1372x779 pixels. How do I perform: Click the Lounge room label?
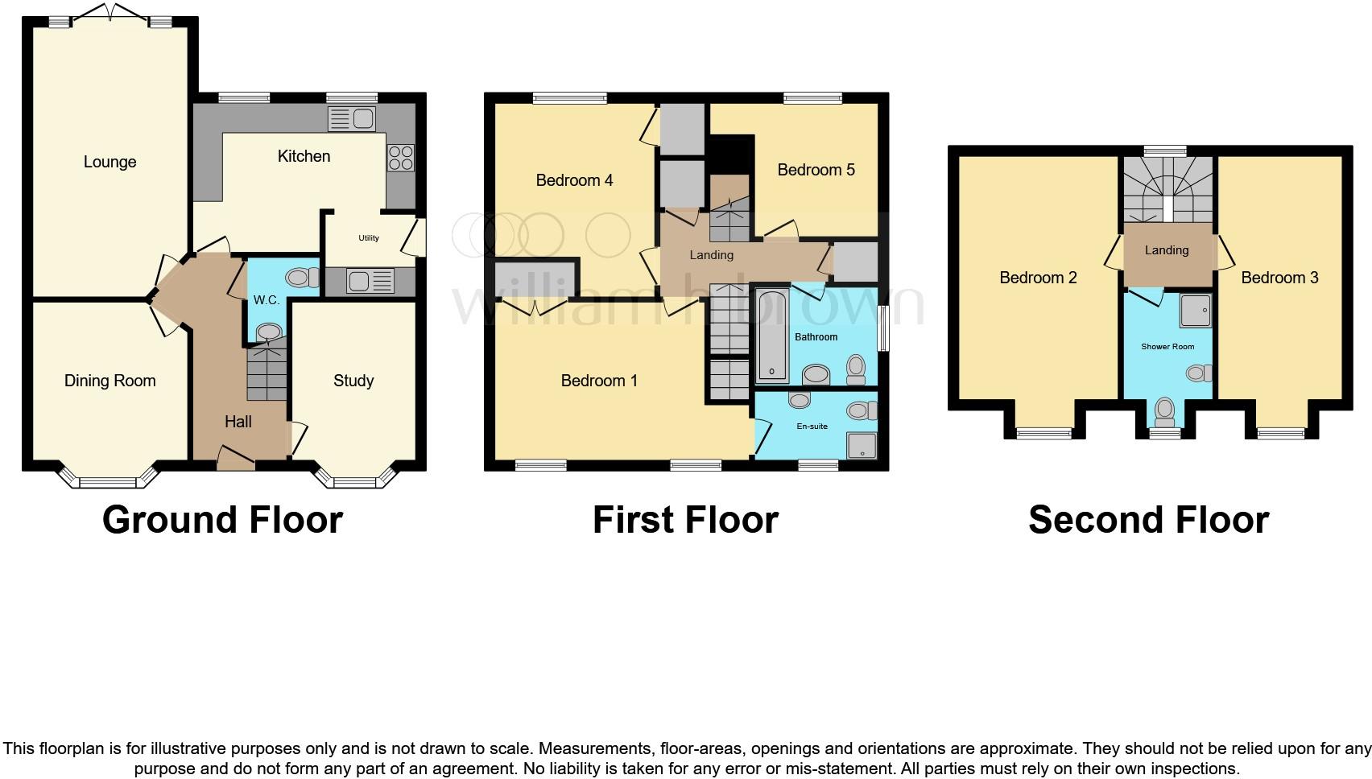coord(110,162)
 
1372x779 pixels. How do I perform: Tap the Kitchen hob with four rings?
coord(400,157)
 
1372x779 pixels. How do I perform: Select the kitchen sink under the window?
coord(351,119)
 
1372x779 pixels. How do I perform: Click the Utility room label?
coord(369,238)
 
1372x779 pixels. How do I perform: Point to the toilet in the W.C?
coord(301,278)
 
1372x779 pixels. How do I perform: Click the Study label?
coord(353,381)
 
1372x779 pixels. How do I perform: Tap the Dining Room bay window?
coord(109,480)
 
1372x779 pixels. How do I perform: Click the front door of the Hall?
coord(236,462)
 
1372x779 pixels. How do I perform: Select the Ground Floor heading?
coord(222,520)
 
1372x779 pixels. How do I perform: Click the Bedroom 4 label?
coord(574,180)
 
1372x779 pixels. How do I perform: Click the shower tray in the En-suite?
coord(861,445)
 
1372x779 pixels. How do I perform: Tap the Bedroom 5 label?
coord(816,170)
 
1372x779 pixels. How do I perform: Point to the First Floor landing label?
coord(711,255)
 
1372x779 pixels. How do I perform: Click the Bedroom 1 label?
coord(599,381)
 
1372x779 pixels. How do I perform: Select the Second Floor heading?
coord(1148,520)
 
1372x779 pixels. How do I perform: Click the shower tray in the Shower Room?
coord(1196,311)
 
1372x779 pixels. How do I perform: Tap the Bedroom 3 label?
coord(1279,278)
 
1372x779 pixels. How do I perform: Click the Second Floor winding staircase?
coord(1167,189)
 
